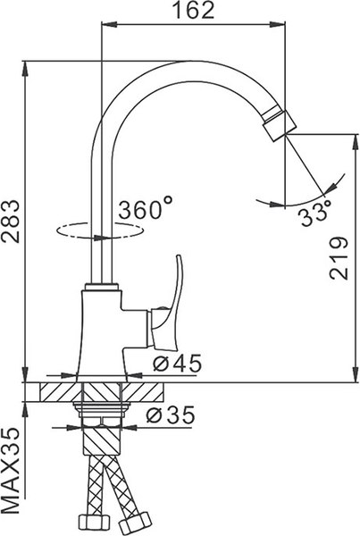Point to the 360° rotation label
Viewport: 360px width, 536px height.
point(146,211)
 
